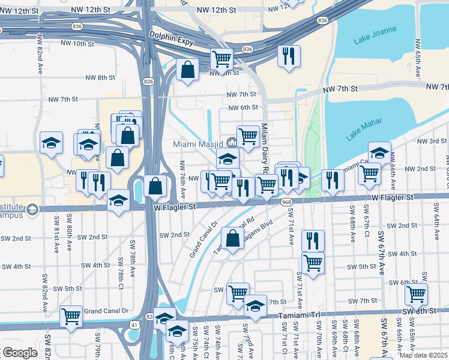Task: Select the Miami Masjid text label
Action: [198, 144]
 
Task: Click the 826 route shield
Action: [148, 81]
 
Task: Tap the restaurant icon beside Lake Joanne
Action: [289, 56]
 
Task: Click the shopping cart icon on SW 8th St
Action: [416, 294]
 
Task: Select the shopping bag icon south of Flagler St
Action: [232, 238]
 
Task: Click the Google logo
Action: [19, 353]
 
